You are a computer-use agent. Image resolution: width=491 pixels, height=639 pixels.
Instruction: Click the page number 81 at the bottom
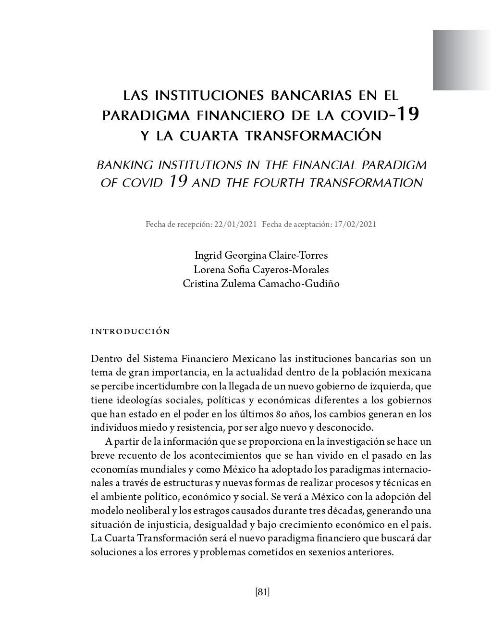pyautogui.click(x=262, y=592)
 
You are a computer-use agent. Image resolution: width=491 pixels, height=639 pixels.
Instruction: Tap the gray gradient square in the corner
pyautogui.click(x=461, y=60)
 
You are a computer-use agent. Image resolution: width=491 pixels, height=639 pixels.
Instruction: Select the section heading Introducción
pyautogui.click(x=130, y=331)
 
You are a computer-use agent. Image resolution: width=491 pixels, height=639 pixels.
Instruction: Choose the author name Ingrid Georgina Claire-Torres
pyautogui.click(x=261, y=255)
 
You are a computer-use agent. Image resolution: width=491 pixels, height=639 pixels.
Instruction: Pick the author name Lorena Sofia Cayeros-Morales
pyautogui.click(x=261, y=269)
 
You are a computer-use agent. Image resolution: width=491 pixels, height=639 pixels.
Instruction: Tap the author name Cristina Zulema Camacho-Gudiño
pyautogui.click(x=261, y=284)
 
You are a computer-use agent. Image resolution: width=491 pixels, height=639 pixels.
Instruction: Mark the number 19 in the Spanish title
pyautogui.click(x=407, y=114)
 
